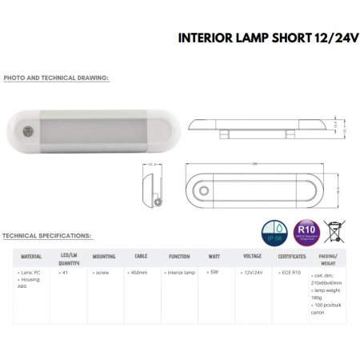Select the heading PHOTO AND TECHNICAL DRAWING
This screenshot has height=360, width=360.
tap(56, 78)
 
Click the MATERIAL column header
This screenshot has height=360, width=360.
tap(31, 257)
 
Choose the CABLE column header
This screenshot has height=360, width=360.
tap(141, 257)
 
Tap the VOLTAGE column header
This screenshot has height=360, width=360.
tap(254, 257)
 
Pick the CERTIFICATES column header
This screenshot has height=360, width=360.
tap(292, 257)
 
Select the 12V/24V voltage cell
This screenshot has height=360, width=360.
tap(252, 273)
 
